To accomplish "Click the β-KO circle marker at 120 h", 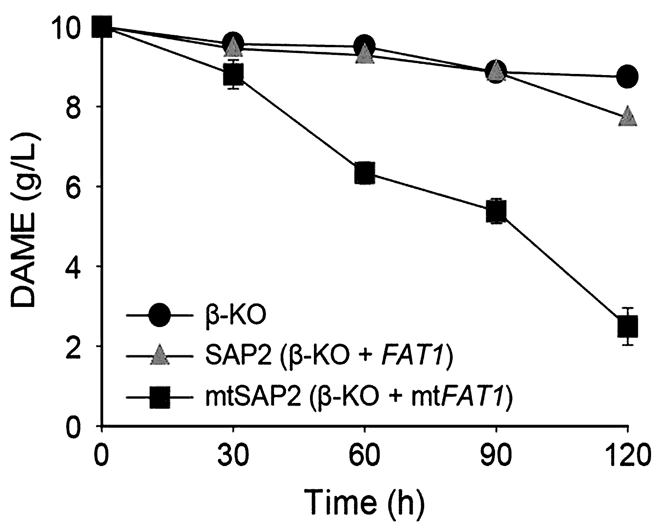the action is (x=627, y=76).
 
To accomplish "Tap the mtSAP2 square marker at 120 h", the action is (x=627, y=326).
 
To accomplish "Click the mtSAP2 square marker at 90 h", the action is (x=496, y=211).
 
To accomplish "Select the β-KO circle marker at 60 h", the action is (x=364, y=46).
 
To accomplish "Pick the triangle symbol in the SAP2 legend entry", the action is (x=159, y=355).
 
